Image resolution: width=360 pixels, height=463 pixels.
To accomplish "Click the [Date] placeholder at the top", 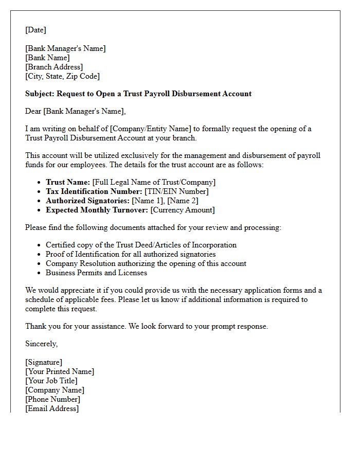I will click(x=35, y=30).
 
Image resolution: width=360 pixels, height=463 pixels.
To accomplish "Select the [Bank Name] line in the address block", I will click(x=47, y=58).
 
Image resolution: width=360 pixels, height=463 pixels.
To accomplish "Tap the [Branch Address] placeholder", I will click(x=53, y=67).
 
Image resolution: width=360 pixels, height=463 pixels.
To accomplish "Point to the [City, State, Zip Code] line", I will click(x=62, y=76).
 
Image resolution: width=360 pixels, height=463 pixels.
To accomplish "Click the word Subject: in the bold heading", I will click(x=40, y=94).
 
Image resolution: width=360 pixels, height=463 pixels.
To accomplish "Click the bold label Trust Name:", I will click(x=68, y=182).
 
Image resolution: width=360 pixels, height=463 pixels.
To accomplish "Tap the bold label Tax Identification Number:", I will click(x=94, y=191).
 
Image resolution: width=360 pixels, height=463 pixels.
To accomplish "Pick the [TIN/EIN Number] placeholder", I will click(x=176, y=191).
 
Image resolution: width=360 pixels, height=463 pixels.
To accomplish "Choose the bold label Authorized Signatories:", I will click(x=87, y=201).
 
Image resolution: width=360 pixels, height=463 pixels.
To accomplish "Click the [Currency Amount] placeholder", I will click(x=183, y=210).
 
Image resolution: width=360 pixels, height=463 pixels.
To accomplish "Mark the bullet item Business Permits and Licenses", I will click(x=96, y=273).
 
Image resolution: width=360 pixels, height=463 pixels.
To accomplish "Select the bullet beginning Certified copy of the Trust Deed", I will click(x=141, y=245).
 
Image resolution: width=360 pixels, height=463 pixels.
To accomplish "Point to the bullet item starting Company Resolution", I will click(x=146, y=263).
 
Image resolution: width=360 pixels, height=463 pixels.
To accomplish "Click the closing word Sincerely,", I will click(x=42, y=344).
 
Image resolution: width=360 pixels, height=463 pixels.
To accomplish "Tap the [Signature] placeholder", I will click(x=44, y=362).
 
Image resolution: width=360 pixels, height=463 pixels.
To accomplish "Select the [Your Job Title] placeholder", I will click(x=51, y=381).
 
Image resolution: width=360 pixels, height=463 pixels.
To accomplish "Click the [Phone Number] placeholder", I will click(x=52, y=399).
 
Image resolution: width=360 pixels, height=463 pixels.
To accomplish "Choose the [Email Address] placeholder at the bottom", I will click(x=52, y=408).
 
